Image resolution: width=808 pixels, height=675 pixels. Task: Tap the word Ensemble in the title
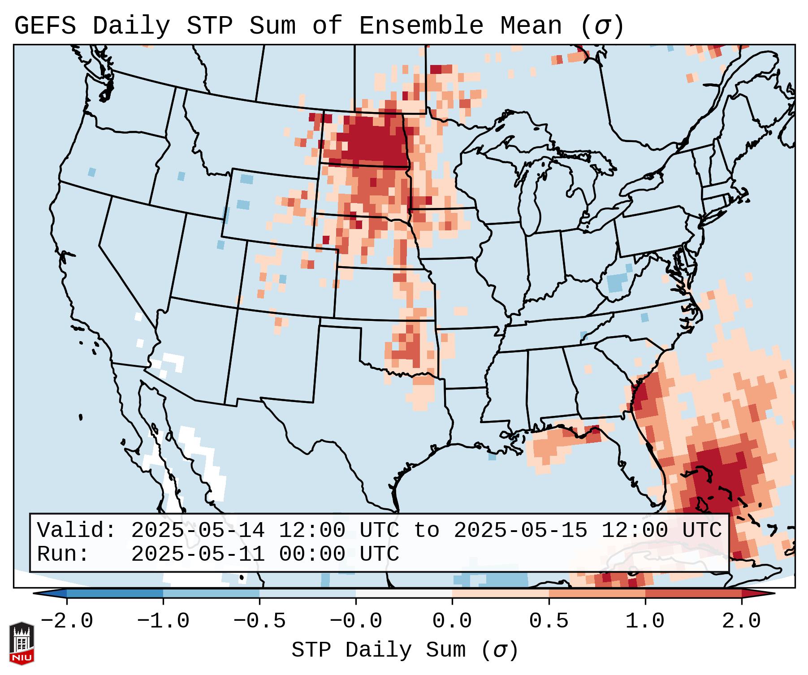[x=421, y=26]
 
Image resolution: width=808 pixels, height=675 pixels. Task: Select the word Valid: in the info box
[x=77, y=531]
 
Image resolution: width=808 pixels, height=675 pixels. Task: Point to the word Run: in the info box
[x=63, y=554]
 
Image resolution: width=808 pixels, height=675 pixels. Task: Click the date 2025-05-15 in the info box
[x=520, y=531]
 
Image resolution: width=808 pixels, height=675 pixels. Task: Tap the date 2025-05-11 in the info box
[x=198, y=554]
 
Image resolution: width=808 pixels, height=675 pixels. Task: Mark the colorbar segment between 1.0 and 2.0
[x=693, y=593]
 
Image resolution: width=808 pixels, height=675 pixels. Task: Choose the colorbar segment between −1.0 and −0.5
[x=211, y=593]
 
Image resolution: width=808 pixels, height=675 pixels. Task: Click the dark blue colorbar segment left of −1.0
[x=115, y=593]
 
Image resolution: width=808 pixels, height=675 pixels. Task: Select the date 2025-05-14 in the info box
[x=198, y=531]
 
